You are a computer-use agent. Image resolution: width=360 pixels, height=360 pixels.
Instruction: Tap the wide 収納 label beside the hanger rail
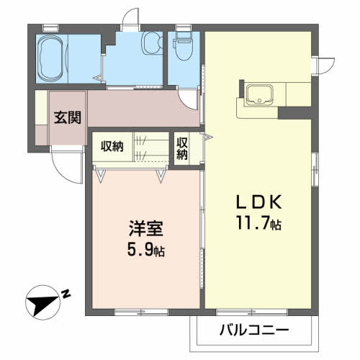click(112, 146)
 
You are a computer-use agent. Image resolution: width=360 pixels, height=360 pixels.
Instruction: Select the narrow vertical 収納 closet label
click(182, 148)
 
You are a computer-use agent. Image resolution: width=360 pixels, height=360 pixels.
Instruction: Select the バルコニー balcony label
click(253, 331)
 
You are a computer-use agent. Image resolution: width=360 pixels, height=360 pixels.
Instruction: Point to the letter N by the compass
click(66, 293)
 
